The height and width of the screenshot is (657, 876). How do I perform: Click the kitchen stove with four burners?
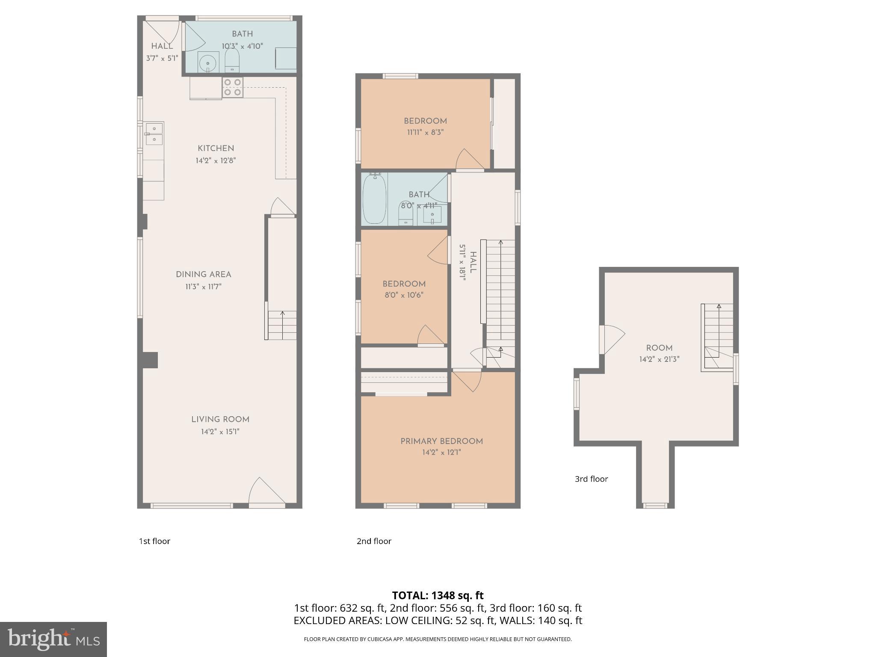(x=233, y=87)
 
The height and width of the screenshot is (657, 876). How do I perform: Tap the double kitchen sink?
(x=154, y=133)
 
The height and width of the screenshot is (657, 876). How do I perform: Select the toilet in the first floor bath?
(x=232, y=61)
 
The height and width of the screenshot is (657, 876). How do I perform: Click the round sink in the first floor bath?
(x=208, y=62)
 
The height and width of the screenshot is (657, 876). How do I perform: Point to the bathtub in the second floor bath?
(x=374, y=198)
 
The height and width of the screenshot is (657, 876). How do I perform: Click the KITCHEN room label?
(x=216, y=148)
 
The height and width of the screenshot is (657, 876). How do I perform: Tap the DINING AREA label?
(x=203, y=275)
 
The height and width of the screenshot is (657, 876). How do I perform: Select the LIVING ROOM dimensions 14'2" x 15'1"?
(x=220, y=432)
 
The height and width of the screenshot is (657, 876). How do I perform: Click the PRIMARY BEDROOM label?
(x=441, y=441)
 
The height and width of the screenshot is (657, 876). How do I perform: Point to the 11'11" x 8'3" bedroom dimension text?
(x=425, y=133)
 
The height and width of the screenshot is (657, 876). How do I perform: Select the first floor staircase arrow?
(x=282, y=325)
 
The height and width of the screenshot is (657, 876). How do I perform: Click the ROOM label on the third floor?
(x=659, y=348)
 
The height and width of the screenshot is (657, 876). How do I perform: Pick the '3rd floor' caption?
(x=591, y=479)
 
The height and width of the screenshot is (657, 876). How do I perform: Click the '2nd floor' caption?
(x=374, y=541)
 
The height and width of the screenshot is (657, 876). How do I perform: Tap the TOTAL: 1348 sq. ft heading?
(x=438, y=595)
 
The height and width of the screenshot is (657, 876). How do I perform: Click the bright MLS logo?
(x=53, y=639)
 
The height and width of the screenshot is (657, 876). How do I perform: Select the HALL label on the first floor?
(x=162, y=46)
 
